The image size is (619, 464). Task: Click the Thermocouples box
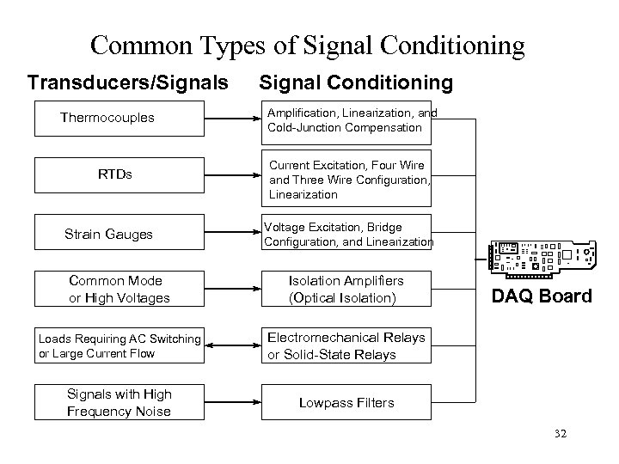coord(120,118)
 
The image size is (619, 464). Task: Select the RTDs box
coord(120,175)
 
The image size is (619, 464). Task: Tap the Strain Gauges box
coord(120,234)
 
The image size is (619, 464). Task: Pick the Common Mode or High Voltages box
coord(120,289)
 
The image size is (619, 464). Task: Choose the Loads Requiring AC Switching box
coord(120,346)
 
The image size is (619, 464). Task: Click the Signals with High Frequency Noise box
coord(120,402)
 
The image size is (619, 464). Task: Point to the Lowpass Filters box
coord(346,402)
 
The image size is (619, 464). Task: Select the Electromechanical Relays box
coord(346,346)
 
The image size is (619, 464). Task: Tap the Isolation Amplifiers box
coord(346,289)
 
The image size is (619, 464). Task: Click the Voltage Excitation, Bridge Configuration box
coord(347,234)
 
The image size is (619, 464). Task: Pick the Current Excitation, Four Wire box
coord(346,179)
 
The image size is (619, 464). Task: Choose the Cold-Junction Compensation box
coord(346,120)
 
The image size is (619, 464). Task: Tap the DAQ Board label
coord(542,296)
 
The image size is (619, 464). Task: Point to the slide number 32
coord(561,435)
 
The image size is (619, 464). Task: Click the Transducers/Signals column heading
coord(128,82)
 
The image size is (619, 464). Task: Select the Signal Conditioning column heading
coord(355,82)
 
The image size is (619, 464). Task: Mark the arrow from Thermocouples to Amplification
coord(232,118)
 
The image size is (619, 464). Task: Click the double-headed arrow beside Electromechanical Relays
coord(232,346)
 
